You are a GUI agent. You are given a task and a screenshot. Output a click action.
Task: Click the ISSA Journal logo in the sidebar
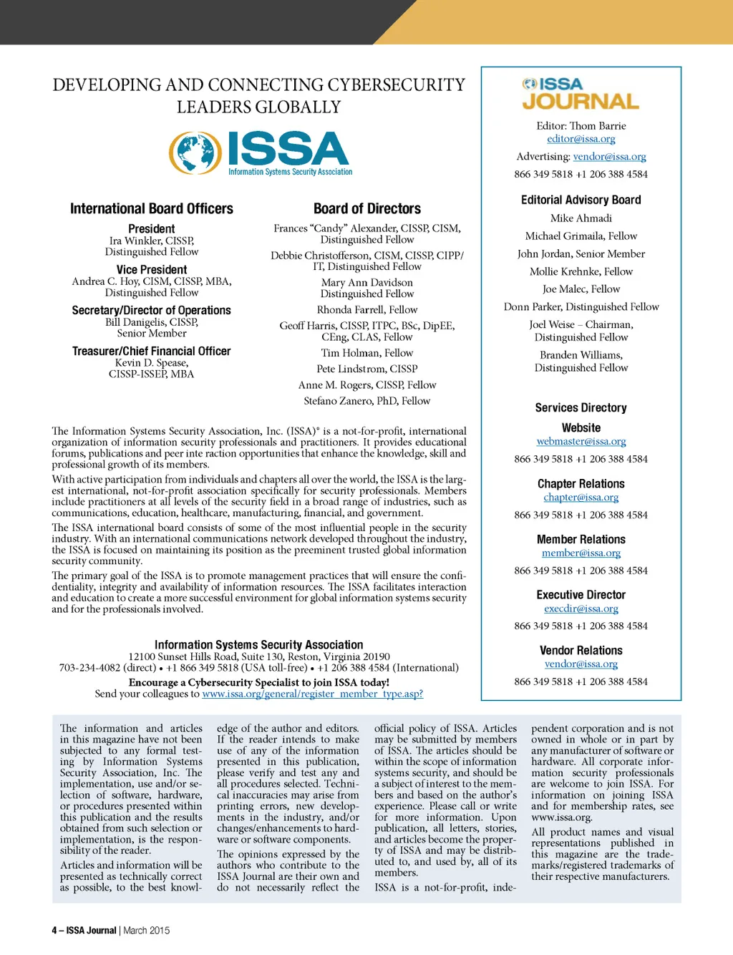581,94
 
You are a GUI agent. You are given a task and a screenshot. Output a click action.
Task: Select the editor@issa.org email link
581,139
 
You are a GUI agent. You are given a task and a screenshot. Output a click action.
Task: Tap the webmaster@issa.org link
581,442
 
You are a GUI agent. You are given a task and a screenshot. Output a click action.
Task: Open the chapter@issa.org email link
581,498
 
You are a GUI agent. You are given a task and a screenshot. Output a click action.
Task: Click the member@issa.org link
581,553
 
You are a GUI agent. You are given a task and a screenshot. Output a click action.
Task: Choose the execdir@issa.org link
581,609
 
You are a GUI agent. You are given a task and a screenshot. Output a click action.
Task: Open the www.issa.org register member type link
312,694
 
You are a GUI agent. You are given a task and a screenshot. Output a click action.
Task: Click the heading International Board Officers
151,209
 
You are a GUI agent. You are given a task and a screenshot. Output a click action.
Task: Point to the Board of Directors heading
366,209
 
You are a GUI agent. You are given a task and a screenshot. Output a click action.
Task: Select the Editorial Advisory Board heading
581,200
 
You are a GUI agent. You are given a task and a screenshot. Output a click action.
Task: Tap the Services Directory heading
581,408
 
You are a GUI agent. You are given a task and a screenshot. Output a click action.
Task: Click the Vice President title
151,270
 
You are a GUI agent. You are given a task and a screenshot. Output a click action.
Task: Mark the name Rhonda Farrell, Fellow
366,310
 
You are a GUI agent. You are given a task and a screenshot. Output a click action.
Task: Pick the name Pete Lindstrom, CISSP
366,369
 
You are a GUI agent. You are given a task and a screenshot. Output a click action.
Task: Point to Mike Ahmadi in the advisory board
581,218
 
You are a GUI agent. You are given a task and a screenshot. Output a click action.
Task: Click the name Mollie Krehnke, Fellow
581,271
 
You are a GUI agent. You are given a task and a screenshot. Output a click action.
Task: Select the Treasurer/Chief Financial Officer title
151,352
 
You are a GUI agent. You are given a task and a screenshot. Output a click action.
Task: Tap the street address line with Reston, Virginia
259,656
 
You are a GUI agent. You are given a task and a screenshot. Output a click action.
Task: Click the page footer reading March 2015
146,931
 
